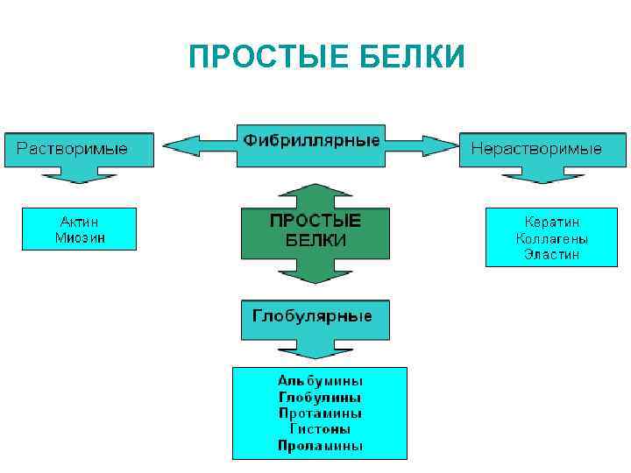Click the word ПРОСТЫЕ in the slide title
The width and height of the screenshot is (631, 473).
pyautogui.click(x=268, y=58)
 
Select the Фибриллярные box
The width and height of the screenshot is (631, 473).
pyautogui.click(x=311, y=140)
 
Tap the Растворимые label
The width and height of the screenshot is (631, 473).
pyautogui.click(x=72, y=148)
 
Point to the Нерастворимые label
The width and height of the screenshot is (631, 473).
pyautogui.click(x=536, y=148)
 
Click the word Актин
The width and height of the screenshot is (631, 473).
pyautogui.click(x=79, y=222)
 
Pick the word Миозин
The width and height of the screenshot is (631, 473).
pyautogui.click(x=79, y=237)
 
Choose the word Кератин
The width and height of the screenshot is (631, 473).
pyautogui.click(x=552, y=222)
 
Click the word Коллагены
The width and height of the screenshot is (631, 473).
pyautogui.click(x=552, y=238)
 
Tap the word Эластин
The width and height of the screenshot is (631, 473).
pyautogui.click(x=552, y=255)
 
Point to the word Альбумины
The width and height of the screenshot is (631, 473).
pyautogui.click(x=320, y=381)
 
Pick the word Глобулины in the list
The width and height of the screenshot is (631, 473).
pyautogui.click(x=320, y=397)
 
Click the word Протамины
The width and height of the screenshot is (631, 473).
pyautogui.click(x=320, y=413)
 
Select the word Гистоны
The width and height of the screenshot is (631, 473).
pyautogui.click(x=320, y=429)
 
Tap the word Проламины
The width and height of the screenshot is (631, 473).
pyautogui.click(x=320, y=446)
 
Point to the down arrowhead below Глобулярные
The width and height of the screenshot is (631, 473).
pyautogui.click(x=315, y=350)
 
